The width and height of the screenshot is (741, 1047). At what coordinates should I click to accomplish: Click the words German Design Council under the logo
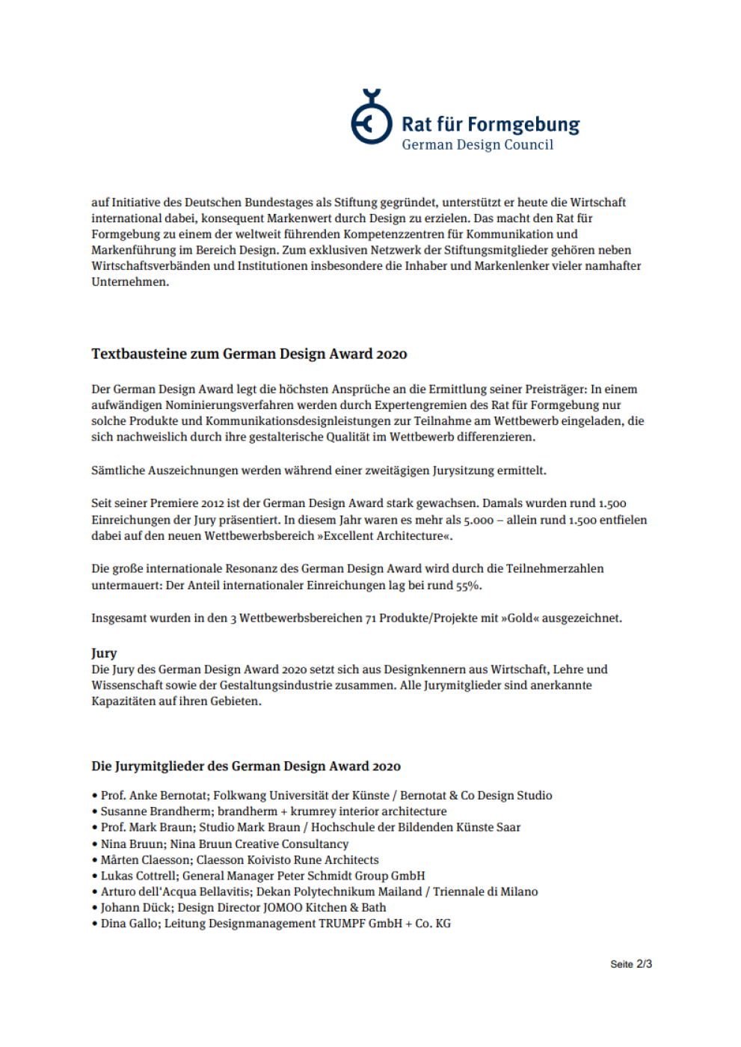(x=477, y=145)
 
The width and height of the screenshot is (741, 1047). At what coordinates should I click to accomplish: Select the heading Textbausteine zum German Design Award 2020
(x=249, y=354)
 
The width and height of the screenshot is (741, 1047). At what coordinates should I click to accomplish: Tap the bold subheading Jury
(x=104, y=653)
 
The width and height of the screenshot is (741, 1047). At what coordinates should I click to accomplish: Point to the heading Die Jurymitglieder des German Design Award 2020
(x=246, y=767)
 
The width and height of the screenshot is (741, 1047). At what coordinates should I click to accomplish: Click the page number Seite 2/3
(x=630, y=964)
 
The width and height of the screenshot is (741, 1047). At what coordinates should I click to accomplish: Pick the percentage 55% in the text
(x=469, y=586)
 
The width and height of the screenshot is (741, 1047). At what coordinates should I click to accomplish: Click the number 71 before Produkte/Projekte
(x=371, y=618)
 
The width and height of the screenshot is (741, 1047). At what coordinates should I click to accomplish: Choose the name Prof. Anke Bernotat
(x=153, y=796)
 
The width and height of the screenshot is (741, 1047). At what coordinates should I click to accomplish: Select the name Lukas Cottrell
(x=138, y=876)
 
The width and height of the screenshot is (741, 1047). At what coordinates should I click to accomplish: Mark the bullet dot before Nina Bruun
(x=95, y=844)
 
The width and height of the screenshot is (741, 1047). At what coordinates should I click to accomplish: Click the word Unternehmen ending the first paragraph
(x=129, y=282)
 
